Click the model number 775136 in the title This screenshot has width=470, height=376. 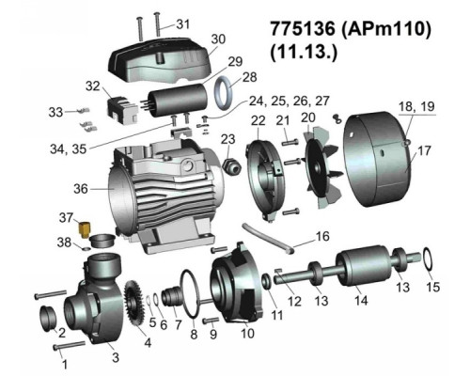point(303,29)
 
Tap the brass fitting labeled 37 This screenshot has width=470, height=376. point(85,230)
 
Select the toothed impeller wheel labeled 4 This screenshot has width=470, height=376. point(134,304)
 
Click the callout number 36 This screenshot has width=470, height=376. point(81,189)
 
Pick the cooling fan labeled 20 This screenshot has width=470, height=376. point(321,167)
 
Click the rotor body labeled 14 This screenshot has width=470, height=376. point(363,265)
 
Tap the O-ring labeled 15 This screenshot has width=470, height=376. point(429,259)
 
